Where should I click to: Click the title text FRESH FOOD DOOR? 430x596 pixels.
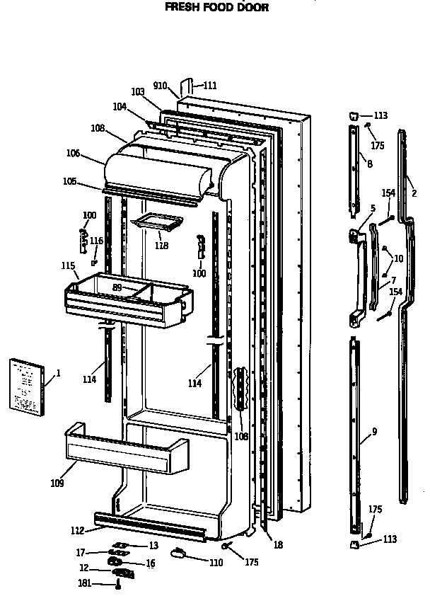click(x=207, y=8)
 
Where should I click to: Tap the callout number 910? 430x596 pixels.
click(x=160, y=86)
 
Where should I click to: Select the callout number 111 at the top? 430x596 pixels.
click(x=209, y=86)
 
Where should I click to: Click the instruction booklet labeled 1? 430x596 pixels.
click(x=25, y=386)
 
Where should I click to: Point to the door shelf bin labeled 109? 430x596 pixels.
click(x=126, y=453)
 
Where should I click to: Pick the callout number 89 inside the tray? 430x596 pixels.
click(x=118, y=287)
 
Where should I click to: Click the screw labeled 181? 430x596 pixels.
click(x=118, y=584)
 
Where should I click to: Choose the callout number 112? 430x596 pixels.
click(x=78, y=530)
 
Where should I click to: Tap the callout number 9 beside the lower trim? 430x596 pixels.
click(x=374, y=431)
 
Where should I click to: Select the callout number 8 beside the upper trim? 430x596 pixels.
click(x=369, y=164)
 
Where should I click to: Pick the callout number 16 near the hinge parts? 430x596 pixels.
click(x=150, y=563)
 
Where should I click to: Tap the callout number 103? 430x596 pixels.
click(x=138, y=91)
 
